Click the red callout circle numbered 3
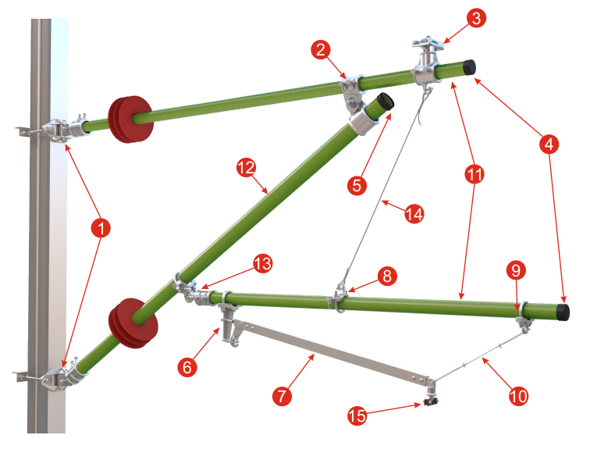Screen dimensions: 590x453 [x=476, y=18]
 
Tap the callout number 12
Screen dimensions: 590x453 [x=246, y=168]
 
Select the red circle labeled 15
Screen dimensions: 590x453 [x=357, y=416]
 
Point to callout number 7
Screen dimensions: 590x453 [x=282, y=396]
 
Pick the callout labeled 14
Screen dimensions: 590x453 [x=414, y=214]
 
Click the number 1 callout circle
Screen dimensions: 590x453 [x=101, y=228]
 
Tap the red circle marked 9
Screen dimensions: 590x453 [x=516, y=270]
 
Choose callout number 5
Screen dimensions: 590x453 [x=357, y=185]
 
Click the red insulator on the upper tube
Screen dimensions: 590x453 [x=130, y=119]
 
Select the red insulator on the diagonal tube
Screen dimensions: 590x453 [x=133, y=323]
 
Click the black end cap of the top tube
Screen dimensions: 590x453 [x=469, y=67]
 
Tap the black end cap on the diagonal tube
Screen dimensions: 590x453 [x=386, y=102]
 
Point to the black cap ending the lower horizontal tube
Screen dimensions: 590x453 [x=563, y=312]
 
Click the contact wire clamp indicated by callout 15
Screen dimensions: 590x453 [x=430, y=401]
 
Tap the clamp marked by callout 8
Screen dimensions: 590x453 [x=339, y=298]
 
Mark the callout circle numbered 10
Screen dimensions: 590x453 [x=518, y=396]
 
